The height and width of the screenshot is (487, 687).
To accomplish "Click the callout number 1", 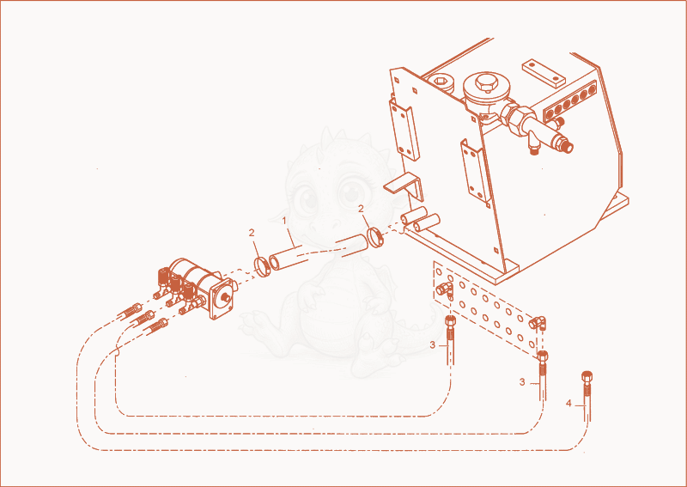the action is pos(284,221).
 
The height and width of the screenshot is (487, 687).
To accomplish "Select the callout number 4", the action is pos(568,404).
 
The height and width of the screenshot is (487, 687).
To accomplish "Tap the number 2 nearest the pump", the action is pos(252,233).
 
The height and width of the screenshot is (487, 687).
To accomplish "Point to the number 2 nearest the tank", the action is pos(361,209).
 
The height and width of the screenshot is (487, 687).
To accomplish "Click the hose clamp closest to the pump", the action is pos(263,267).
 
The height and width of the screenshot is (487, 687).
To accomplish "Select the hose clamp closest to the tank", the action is pos(375,237).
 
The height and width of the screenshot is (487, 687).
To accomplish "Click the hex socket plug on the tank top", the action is pos(440,82).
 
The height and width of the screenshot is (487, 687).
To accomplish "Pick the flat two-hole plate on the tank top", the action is pos(544,72).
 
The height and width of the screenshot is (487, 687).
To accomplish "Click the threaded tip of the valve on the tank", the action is pos(568,147).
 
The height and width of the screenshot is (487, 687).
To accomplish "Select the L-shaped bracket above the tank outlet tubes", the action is pos(404,185).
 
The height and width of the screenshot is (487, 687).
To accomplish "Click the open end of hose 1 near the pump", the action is pos(275,263).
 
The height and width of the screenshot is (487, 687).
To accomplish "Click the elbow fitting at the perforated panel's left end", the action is pos(444,289).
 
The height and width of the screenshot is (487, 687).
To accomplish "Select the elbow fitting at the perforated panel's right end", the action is pos(538,324).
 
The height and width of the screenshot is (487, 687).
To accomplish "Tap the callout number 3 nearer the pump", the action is pos(433,345).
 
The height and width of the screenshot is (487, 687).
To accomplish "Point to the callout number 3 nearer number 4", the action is pos(522,382).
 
